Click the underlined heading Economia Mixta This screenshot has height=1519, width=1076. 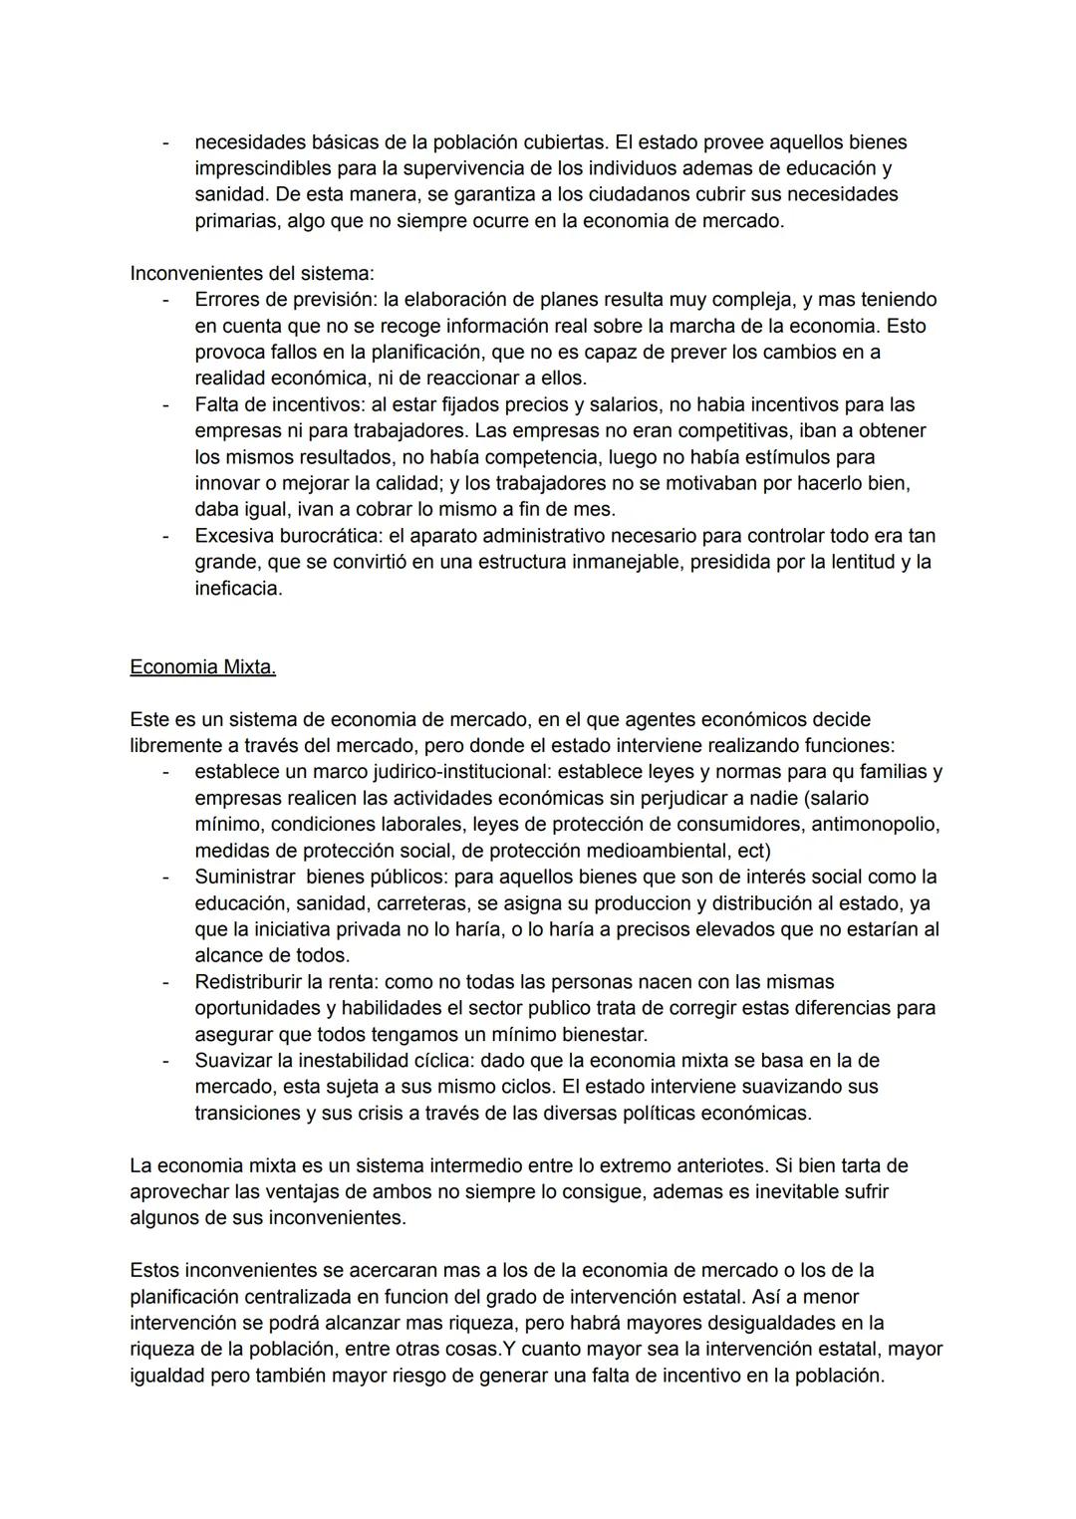click(202, 667)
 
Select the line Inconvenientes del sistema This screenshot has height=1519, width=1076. click(252, 273)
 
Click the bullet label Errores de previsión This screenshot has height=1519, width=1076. click(285, 300)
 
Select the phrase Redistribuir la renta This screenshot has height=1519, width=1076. click(280, 982)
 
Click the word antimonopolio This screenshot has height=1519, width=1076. click(874, 825)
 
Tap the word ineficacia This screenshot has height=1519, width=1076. click(238, 589)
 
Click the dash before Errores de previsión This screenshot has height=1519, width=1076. click(166, 300)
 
